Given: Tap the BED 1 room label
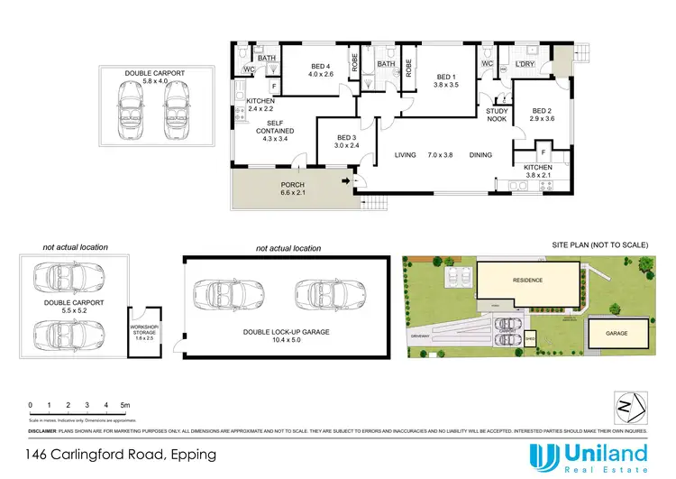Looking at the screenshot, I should coord(445,78).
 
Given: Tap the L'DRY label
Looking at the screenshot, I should coord(525,64).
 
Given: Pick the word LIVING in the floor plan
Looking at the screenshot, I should coord(406,155).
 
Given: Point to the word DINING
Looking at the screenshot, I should coord(480,155).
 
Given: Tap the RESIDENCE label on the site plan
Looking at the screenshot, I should coord(527,281).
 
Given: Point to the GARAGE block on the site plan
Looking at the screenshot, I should coord(617,333).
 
